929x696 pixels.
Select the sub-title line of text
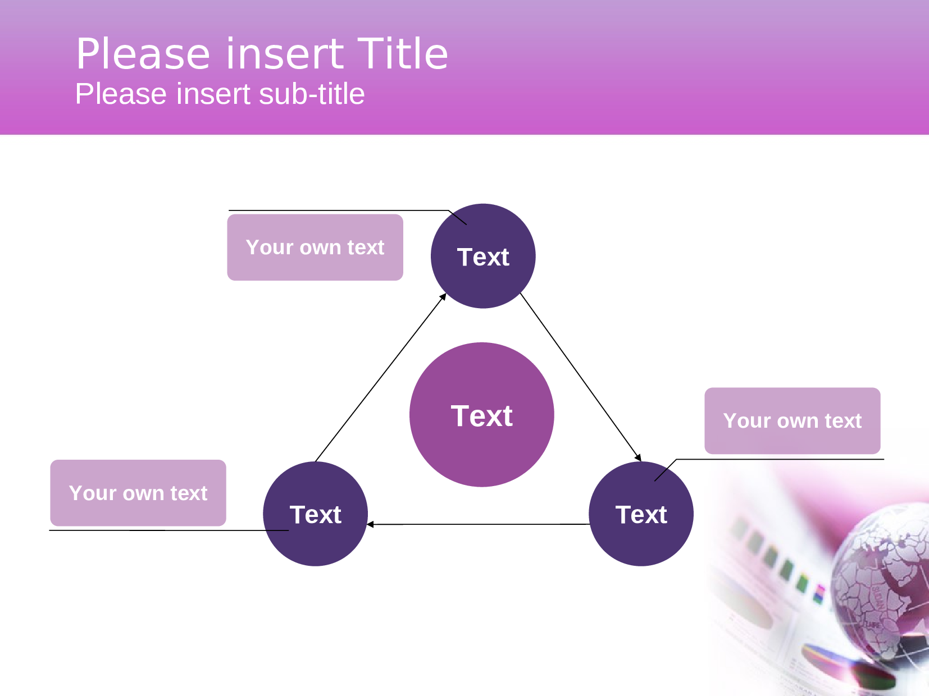point(220,94)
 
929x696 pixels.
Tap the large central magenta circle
point(482,415)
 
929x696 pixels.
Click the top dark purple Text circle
point(483,257)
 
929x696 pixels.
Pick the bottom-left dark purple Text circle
point(315,514)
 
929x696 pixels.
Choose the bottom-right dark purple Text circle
point(641,514)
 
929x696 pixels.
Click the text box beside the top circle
point(315,248)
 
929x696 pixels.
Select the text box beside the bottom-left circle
point(138,493)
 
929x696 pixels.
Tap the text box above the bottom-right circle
point(792,420)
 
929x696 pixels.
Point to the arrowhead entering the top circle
point(443,297)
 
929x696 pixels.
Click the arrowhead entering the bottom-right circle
point(638,457)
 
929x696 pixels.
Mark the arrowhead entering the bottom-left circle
point(371,524)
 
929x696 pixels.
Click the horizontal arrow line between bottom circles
point(477,524)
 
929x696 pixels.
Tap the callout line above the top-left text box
point(337,210)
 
